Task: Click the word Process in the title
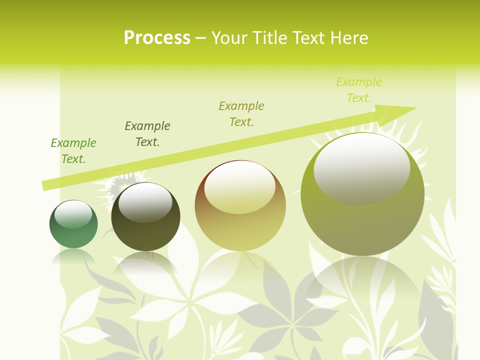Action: [x=157, y=38]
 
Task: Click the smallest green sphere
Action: [x=73, y=224]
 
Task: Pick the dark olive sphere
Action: [x=145, y=217]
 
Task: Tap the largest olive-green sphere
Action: [x=362, y=194]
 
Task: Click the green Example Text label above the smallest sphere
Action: [x=73, y=151]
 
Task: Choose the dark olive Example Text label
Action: [x=147, y=134]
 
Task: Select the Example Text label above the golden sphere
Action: [x=241, y=114]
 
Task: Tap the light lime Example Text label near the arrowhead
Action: [x=359, y=90]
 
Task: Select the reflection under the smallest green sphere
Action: [x=73, y=256]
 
